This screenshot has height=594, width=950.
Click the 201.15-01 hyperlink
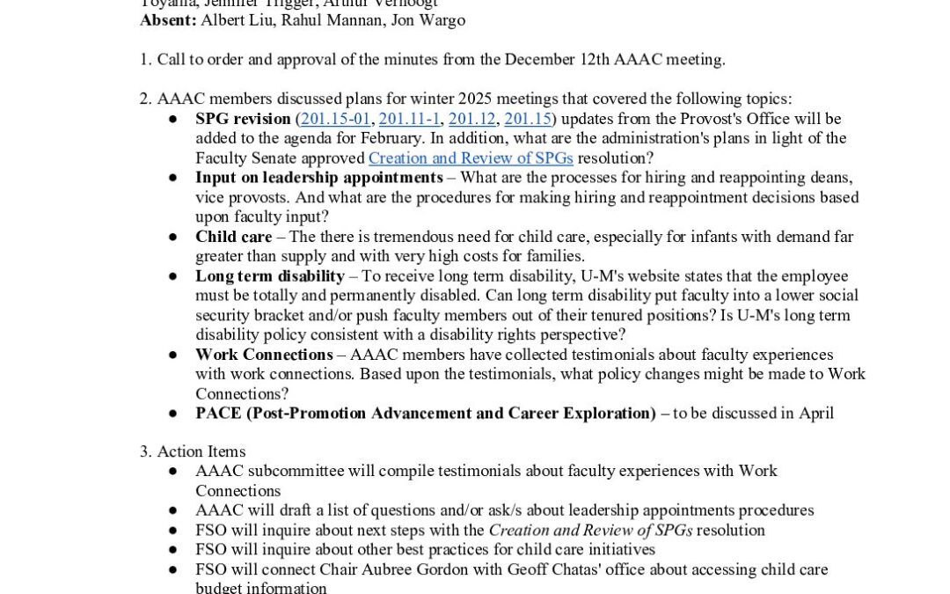[337, 119]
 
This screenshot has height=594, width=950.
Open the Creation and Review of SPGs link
[471, 158]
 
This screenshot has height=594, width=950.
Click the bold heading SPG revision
[243, 119]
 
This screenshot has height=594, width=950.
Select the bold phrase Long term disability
[270, 276]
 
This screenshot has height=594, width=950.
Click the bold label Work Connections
[264, 355]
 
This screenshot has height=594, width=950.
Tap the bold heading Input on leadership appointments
[319, 178]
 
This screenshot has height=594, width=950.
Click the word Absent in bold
[168, 19]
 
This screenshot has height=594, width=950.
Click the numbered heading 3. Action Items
[193, 451]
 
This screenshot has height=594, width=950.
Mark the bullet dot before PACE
[174, 414]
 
